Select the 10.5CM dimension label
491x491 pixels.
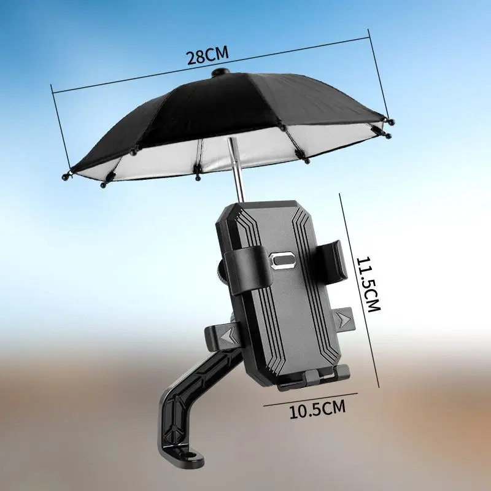pos(317,409)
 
